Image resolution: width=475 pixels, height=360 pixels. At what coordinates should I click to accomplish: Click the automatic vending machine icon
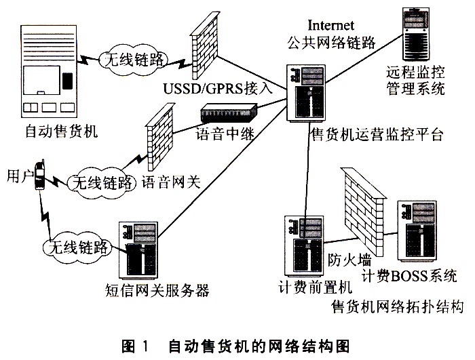[48, 71]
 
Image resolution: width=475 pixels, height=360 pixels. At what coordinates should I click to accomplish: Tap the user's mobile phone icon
[39, 175]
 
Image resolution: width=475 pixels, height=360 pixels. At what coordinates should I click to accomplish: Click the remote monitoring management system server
[417, 34]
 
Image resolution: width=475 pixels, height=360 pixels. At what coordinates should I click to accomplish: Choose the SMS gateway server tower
[139, 250]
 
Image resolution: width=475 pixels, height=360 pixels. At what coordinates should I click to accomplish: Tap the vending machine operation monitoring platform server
[306, 93]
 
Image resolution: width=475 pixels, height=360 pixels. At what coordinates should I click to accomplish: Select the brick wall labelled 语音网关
[159, 137]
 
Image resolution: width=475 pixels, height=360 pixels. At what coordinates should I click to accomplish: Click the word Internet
[331, 25]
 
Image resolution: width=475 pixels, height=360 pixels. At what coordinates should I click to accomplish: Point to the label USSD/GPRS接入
[218, 88]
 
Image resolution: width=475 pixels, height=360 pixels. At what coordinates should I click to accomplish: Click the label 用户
[20, 176]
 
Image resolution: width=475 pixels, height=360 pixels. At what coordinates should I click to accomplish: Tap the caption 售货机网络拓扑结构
[397, 306]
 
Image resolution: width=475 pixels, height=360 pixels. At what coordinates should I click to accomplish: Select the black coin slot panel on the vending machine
[67, 81]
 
